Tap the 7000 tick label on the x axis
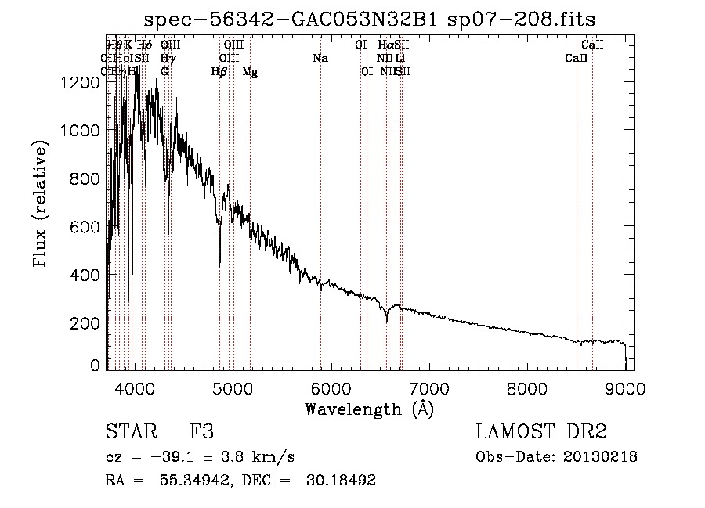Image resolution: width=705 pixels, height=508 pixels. (x=429, y=388)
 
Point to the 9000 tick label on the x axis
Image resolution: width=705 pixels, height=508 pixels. (x=625, y=388)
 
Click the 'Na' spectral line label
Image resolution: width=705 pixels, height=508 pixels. (x=320, y=59)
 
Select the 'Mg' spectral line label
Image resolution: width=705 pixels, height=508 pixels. (x=250, y=72)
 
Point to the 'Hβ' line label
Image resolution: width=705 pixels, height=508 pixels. (x=219, y=72)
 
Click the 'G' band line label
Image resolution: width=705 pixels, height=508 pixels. (x=164, y=72)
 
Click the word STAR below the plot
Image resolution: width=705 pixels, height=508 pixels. (x=131, y=433)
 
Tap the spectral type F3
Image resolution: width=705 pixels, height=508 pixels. (x=202, y=433)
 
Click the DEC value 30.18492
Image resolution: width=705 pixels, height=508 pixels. (x=345, y=480)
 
